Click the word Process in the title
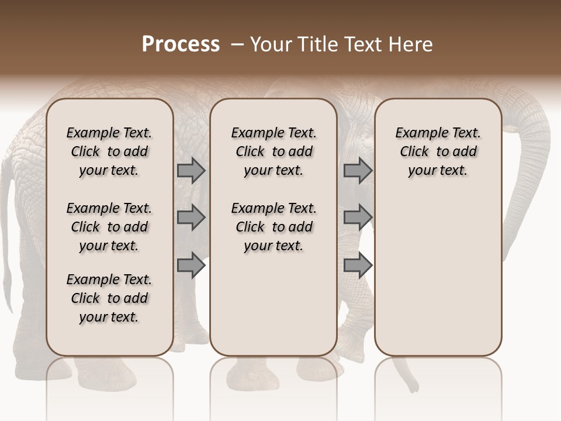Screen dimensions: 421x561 (181, 44)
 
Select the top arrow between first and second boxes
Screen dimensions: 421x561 (191, 171)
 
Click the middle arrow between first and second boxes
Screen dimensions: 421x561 (191, 218)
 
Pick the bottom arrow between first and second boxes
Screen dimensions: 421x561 (191, 265)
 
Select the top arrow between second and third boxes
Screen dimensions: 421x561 (358, 171)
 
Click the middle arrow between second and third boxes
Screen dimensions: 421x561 (358, 218)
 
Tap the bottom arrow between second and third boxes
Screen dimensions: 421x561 (358, 265)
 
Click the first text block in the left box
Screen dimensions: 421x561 (109, 151)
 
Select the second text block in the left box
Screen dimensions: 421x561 (109, 227)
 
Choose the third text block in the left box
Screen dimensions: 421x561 (109, 298)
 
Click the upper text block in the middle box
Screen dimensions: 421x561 (273, 151)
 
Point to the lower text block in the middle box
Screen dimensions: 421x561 (273, 227)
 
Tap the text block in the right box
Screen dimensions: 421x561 (438, 151)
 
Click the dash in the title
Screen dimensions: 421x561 (237, 45)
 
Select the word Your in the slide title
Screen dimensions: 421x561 (271, 44)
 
